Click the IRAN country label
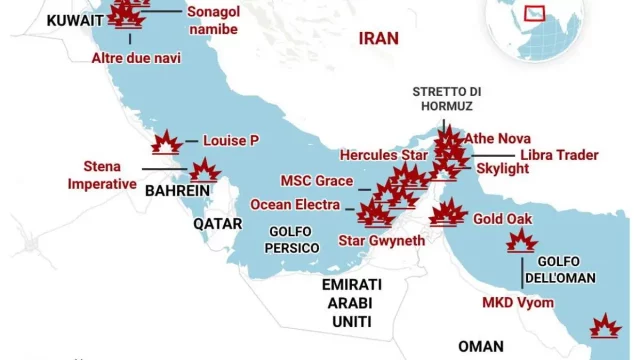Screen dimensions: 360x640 pyautogui.click(x=378, y=38)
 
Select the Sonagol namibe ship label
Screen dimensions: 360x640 pyautogui.click(x=212, y=20)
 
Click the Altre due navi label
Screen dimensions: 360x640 pyautogui.click(x=136, y=58)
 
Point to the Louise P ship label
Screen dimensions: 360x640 pyautogui.click(x=231, y=141)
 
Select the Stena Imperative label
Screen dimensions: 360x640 pyautogui.click(x=102, y=175)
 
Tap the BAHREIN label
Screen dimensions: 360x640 pyautogui.click(x=177, y=190)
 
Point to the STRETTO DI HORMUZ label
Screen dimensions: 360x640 pyautogui.click(x=447, y=98)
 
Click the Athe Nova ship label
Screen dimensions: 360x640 pyautogui.click(x=499, y=138)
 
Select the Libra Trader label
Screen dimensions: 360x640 pyautogui.click(x=558, y=155)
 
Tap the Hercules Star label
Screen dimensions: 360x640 pyautogui.click(x=384, y=156)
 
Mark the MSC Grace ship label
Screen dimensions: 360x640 pyautogui.click(x=316, y=181)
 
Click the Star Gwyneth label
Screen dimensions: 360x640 pyautogui.click(x=382, y=241)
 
